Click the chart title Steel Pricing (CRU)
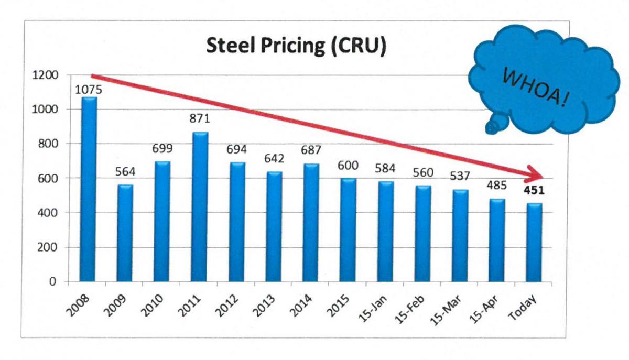[x=296, y=46]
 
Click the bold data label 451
[x=534, y=190]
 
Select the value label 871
[x=199, y=119]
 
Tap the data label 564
[x=125, y=172]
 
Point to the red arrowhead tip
[x=546, y=178]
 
